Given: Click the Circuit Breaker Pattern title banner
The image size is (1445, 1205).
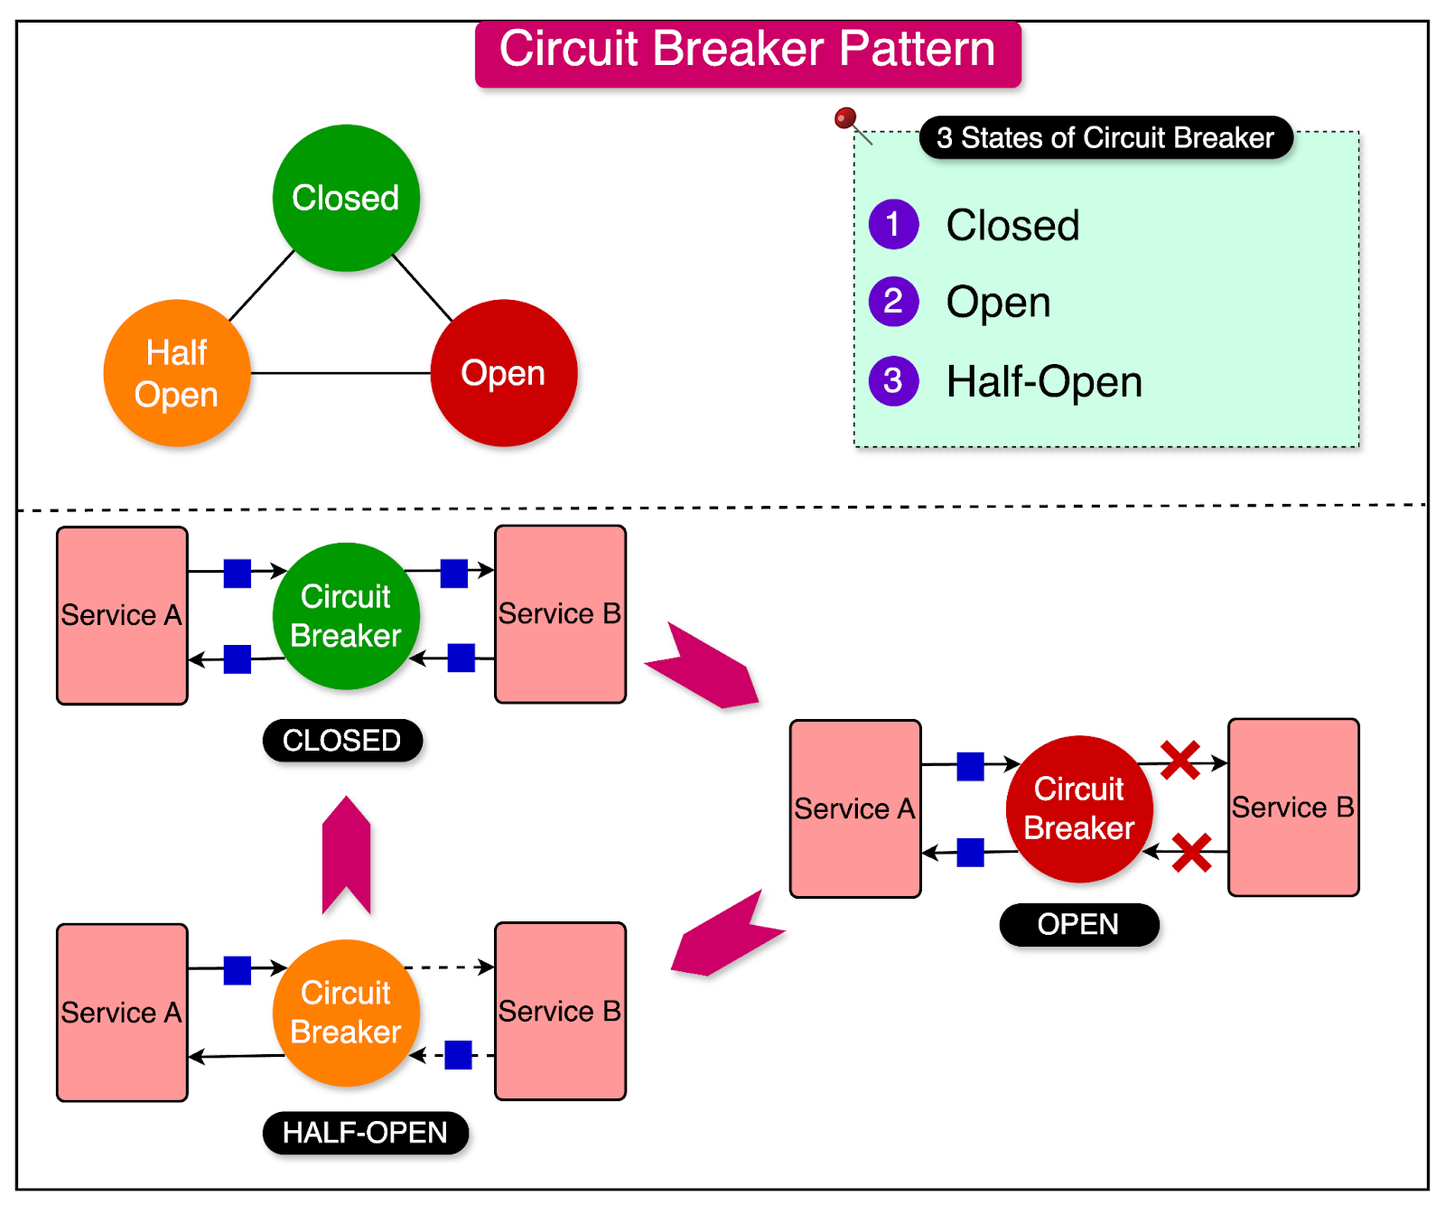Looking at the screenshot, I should (x=748, y=51).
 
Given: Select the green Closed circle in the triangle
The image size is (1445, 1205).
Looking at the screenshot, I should (x=346, y=198).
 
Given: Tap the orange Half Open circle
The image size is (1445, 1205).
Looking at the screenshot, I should (x=177, y=373).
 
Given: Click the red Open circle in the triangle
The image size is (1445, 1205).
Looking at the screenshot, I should (x=504, y=373).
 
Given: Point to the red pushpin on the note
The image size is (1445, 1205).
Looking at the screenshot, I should (x=845, y=117).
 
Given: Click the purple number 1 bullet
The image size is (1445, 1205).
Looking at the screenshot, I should (x=893, y=224).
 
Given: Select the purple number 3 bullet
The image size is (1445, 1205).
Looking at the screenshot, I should (x=893, y=381).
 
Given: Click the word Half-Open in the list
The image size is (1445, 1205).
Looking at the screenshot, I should (x=1044, y=382).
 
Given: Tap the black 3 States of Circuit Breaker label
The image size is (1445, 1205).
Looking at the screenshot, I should (x=1105, y=138).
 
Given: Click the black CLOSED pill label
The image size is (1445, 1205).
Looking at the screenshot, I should (x=342, y=741).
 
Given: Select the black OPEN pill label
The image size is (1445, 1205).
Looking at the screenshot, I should (x=1078, y=924).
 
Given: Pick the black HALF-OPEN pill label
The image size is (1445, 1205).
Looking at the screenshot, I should (x=365, y=1133).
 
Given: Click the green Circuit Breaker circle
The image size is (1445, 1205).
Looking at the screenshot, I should (x=346, y=616).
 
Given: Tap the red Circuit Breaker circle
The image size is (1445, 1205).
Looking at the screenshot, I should (x=1079, y=809).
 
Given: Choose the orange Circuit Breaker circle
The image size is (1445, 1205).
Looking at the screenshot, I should (x=346, y=1013).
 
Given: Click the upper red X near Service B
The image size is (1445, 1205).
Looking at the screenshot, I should (x=1180, y=761).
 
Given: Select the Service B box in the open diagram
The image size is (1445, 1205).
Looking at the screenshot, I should (x=1293, y=807).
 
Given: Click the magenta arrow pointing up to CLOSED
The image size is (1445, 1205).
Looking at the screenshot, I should (x=347, y=855).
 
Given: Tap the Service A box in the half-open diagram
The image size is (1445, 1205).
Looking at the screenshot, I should (x=122, y=1013).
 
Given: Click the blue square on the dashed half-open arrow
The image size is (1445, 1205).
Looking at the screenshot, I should (x=459, y=1054).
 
